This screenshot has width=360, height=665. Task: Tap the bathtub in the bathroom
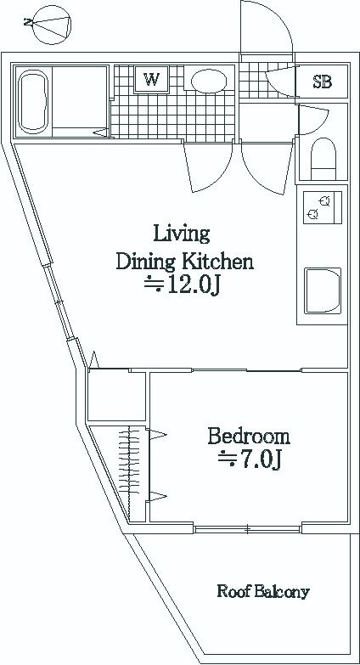tap(32, 101)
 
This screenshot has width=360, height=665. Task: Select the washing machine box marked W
tap(151, 79)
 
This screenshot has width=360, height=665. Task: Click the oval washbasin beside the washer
tap(208, 81)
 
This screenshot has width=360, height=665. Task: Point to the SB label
tap(322, 82)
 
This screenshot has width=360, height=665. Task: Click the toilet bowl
tap(323, 159)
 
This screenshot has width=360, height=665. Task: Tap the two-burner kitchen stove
tap(323, 207)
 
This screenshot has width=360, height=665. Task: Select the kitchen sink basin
tap(323, 291)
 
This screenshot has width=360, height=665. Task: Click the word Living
tap(182, 234)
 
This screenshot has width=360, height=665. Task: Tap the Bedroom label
tap(249, 437)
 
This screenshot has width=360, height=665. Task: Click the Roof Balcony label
tap(263, 591)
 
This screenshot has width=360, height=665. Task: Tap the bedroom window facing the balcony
tap(248, 529)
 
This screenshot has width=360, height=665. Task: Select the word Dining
tap(145, 263)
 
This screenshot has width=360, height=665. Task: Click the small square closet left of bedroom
tap(116, 396)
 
